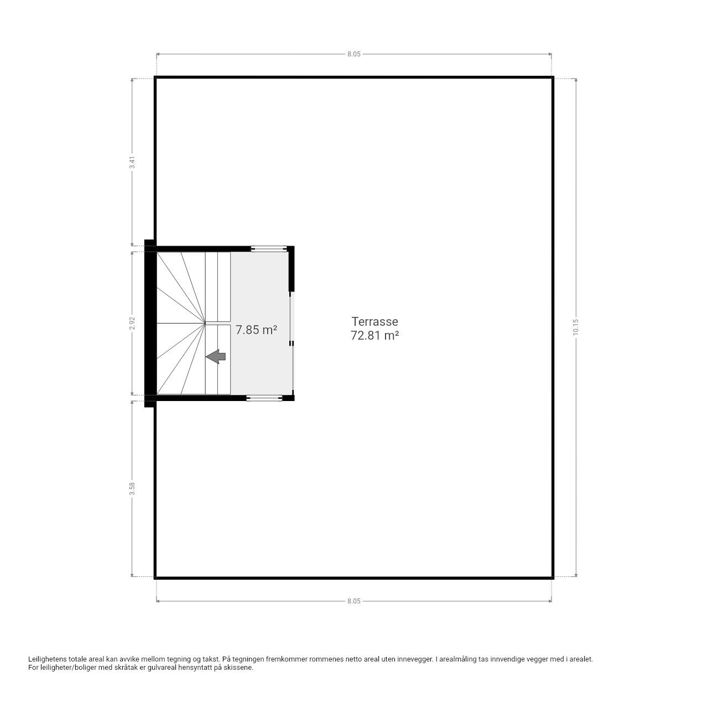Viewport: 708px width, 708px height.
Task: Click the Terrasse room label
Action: [374, 321]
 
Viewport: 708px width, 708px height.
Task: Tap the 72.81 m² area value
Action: [374, 335]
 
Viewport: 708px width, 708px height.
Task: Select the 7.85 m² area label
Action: [256, 330]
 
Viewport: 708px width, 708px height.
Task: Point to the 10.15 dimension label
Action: [575, 327]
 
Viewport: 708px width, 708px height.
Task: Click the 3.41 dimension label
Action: [132, 163]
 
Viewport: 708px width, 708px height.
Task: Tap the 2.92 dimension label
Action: [132, 324]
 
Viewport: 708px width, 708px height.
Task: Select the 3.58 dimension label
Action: [132, 488]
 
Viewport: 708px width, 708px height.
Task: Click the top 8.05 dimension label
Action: [354, 54]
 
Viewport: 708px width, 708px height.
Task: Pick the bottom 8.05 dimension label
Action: [354, 601]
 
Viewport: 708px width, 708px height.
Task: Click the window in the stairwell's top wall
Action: [269, 249]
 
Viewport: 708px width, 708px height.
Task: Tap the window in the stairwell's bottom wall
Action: [264, 398]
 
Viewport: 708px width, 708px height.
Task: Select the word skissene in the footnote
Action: [241, 668]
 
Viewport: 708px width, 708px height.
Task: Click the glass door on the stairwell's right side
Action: [292, 343]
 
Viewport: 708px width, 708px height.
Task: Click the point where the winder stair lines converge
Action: [205, 324]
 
